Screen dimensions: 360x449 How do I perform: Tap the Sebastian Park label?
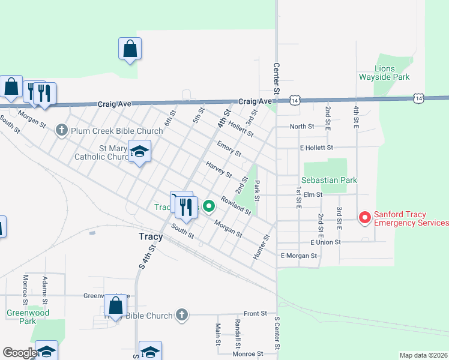click(330, 180)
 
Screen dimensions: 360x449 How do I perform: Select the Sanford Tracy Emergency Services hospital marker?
click(364, 218)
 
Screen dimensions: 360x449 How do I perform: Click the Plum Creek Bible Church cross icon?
click(62, 130)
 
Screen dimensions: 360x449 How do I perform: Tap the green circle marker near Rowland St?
click(209, 206)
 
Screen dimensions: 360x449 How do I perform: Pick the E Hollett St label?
click(324, 148)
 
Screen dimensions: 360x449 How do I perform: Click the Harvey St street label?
click(218, 170)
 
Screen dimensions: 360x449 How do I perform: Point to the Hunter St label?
click(261, 247)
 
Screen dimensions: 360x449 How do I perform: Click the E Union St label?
click(325, 242)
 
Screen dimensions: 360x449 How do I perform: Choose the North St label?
click(302, 127)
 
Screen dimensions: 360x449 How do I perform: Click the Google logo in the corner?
click(20, 353)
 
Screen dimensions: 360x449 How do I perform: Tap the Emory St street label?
click(229, 150)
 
